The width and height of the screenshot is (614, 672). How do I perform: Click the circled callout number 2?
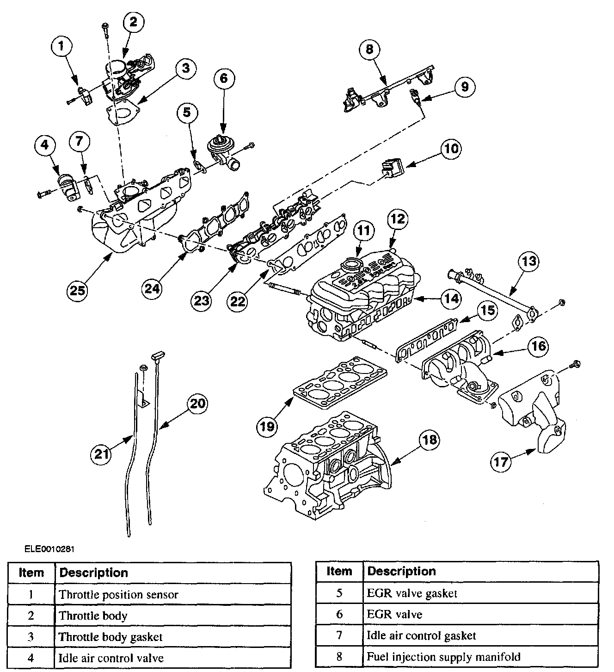tap(133, 22)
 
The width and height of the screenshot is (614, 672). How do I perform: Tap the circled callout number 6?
tap(224, 78)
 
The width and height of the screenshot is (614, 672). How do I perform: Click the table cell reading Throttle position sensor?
tap(118, 595)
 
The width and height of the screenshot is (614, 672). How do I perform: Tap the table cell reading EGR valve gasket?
tap(412, 593)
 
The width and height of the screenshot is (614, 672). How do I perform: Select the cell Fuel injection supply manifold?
tap(443, 657)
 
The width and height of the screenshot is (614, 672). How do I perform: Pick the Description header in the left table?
tap(94, 572)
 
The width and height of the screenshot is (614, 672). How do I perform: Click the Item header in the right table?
tap(339, 571)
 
